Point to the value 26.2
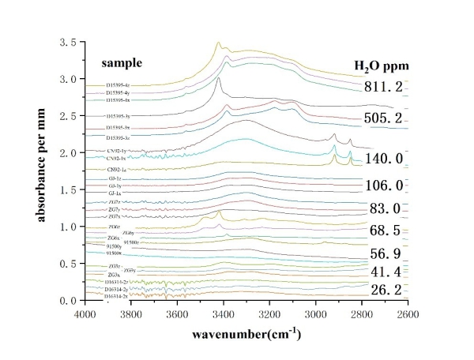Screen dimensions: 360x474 coord(389,291)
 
